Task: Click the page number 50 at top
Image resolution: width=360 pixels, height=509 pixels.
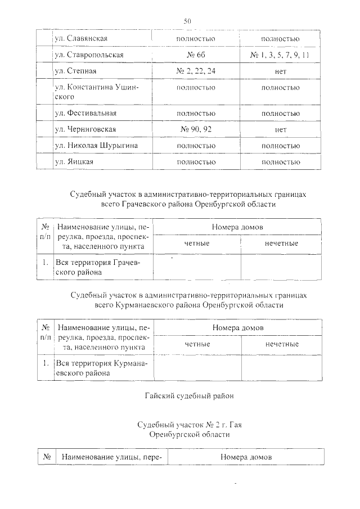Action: (x=188, y=21)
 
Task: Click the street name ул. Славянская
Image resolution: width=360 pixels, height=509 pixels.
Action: (x=81, y=39)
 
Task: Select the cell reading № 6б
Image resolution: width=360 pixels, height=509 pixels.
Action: (x=196, y=55)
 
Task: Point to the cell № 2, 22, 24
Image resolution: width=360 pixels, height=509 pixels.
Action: (x=196, y=71)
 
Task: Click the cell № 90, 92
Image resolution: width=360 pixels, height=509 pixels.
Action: (x=196, y=129)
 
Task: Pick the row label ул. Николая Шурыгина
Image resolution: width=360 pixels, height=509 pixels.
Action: (x=96, y=146)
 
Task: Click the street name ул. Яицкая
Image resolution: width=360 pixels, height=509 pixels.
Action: (x=74, y=162)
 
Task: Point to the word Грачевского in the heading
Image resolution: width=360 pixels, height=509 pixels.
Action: (x=141, y=205)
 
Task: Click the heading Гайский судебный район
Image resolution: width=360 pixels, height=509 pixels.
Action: (x=188, y=396)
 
